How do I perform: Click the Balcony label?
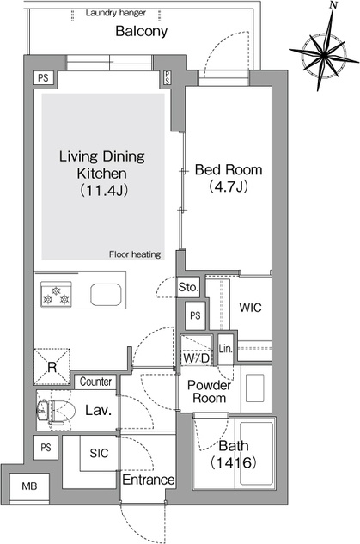pos(141,31)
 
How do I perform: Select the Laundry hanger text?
pos(115,13)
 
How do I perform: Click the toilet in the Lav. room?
pos(57,412)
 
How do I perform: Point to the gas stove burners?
pos(56,294)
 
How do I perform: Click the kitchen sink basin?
pos(107,295)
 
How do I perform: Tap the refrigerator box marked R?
pos(52,367)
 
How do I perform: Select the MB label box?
pos(29,486)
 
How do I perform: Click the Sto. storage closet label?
pos(188,287)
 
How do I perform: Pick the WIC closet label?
pos(250,308)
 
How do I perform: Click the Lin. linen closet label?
pos(225,349)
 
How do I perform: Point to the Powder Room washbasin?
pos(255,388)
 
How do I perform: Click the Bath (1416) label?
pos(234,454)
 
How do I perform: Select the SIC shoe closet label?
pos(99,453)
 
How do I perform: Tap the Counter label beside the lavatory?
pos(95,382)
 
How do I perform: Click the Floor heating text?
pos(135,254)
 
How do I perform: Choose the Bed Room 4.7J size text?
pos(229,187)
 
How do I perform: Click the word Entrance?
pos(148,480)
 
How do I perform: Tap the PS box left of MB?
pos(46,448)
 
